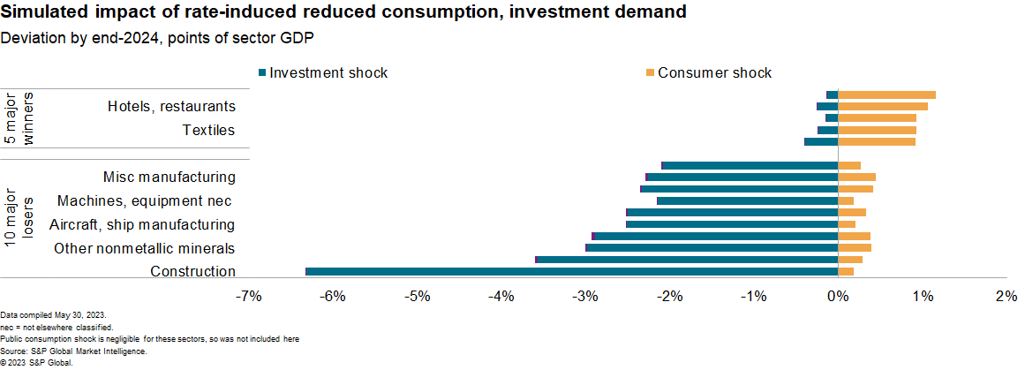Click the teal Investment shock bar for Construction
571,271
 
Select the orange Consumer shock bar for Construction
846,271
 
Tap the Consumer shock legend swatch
650,72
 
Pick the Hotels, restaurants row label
171,106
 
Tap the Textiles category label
208,130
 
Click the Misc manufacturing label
169,177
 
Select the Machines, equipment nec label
146,200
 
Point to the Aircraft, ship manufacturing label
141,224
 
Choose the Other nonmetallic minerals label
144,248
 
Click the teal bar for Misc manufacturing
749,165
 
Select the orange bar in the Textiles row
877,130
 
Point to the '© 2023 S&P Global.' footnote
36,362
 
